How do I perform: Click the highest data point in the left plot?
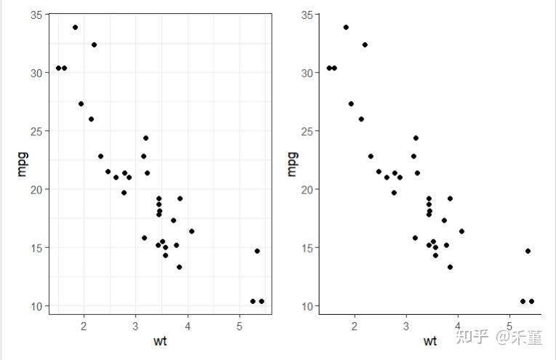pos(75,28)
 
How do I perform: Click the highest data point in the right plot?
pos(346,28)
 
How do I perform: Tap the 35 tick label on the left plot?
pos(35,15)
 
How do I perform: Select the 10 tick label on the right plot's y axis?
pos(306,306)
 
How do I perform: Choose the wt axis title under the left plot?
pos(160,340)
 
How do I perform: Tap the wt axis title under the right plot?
pos(430,340)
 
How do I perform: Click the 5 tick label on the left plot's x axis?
pos(240,325)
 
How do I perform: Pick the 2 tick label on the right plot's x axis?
pos(355,325)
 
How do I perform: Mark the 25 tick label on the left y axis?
pos(35,132)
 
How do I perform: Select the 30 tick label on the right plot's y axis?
pos(306,73)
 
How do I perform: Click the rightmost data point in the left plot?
pos(262,301)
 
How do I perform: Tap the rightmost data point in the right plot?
pos(531,301)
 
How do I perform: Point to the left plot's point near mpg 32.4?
pos(94,45)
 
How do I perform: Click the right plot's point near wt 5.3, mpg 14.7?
pos(528,251)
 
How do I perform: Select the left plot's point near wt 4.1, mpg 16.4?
pos(192,231)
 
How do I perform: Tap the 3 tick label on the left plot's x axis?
pos(136,325)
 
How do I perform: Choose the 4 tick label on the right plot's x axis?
pos(458,325)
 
